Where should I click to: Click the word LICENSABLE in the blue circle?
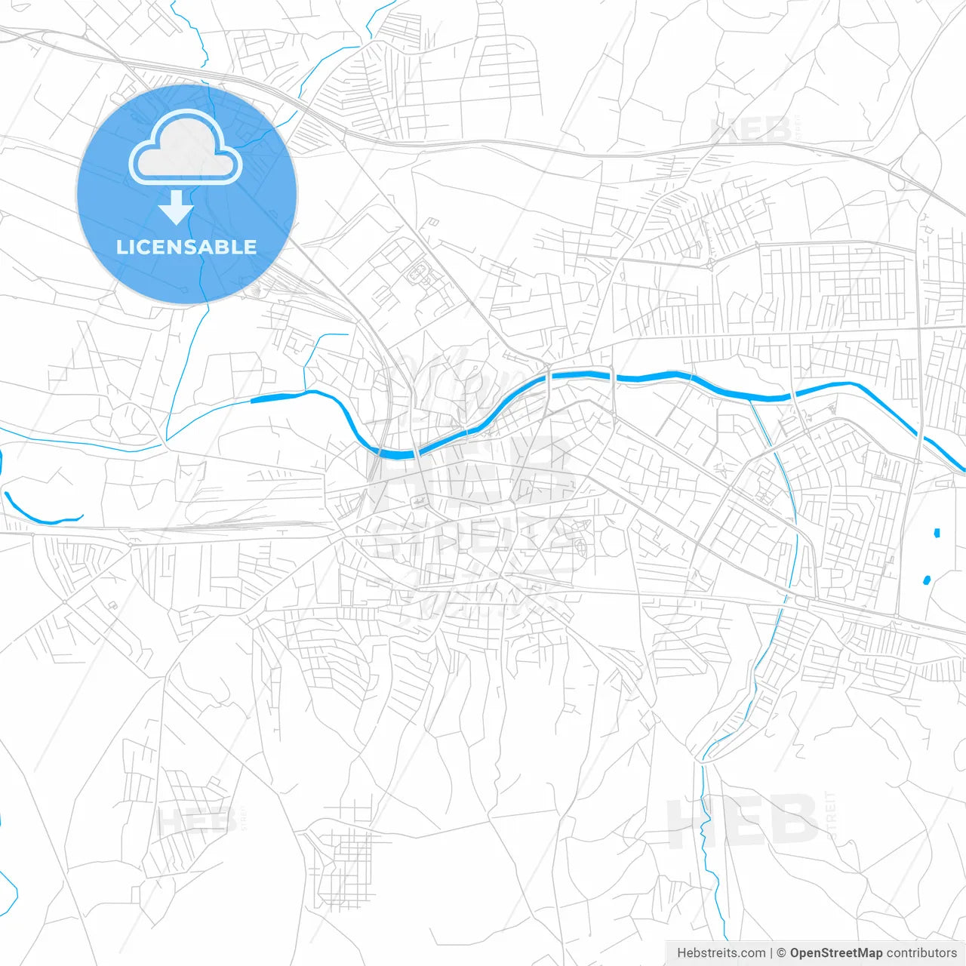(x=186, y=247)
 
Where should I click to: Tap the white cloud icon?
(x=186, y=149)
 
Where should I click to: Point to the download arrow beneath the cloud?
(x=177, y=208)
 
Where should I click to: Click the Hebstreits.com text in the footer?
(x=721, y=953)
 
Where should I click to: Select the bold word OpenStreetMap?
(x=836, y=953)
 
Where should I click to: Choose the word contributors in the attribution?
(x=921, y=953)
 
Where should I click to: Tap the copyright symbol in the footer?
(x=781, y=953)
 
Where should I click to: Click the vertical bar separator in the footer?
(x=771, y=953)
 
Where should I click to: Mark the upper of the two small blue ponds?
(x=937, y=533)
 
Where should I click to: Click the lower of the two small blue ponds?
(x=927, y=580)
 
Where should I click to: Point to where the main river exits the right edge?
(x=961, y=468)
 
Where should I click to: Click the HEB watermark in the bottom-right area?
(x=743, y=821)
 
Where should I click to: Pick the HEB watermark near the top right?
(x=751, y=130)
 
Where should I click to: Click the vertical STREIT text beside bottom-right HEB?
(x=831, y=815)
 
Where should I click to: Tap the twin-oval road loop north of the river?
(x=417, y=272)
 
